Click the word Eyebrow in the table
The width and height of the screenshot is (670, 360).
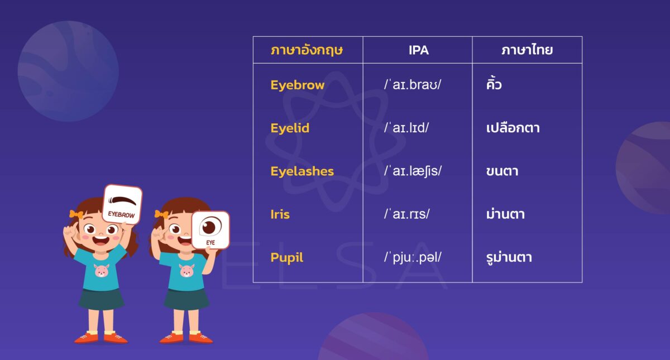(x=297, y=85)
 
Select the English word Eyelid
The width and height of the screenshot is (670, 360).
(x=290, y=128)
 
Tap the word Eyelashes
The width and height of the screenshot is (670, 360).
(x=302, y=171)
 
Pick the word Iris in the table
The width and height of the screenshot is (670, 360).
(x=280, y=214)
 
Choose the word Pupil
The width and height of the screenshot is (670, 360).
(x=287, y=258)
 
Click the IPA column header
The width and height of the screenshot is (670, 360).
(x=419, y=50)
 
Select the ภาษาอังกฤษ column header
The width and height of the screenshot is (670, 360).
(x=307, y=50)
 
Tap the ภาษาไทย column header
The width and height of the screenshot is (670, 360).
(x=527, y=50)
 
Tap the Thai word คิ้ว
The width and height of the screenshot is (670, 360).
(x=494, y=85)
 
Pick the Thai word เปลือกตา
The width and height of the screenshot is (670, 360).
(x=513, y=128)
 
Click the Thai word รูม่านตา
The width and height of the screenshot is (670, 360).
(x=509, y=258)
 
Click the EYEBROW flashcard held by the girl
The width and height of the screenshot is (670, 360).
(x=122, y=204)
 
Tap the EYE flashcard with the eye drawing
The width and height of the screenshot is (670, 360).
(x=210, y=230)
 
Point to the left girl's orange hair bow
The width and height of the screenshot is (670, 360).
(x=76, y=214)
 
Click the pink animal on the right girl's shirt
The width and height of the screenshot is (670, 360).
(x=186, y=271)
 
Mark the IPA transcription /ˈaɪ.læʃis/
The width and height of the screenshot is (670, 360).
(x=413, y=171)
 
